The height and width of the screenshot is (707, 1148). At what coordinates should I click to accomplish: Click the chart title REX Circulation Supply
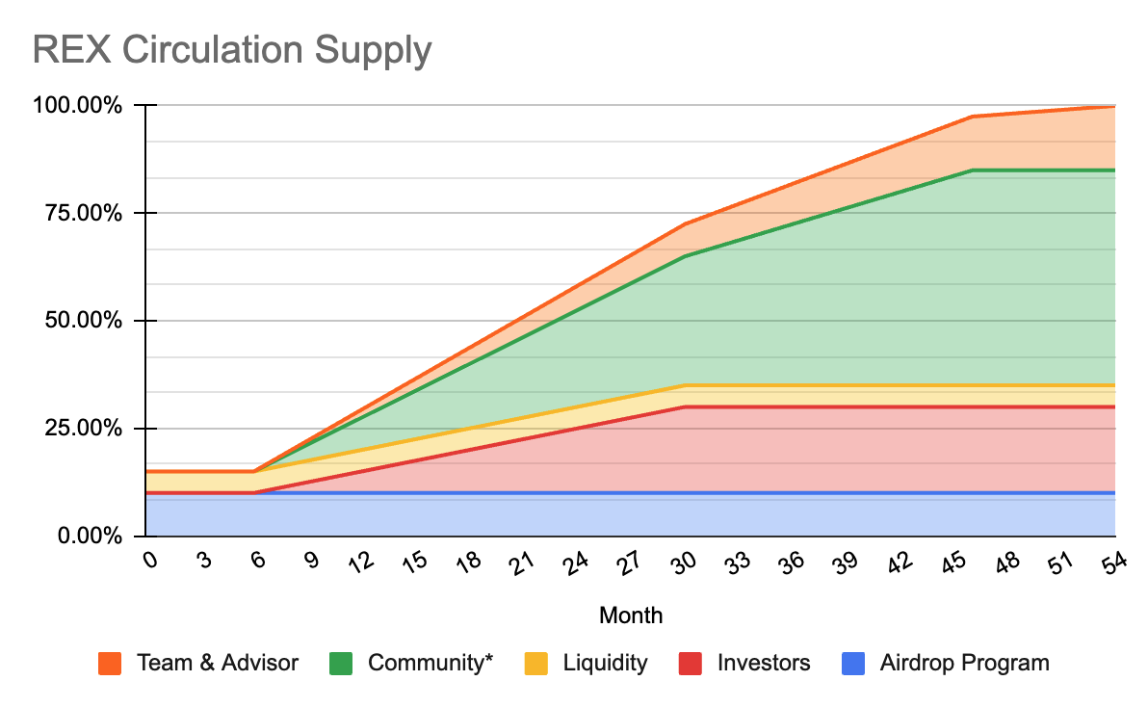[231, 49]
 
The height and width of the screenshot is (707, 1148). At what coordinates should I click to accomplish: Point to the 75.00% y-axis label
[87, 213]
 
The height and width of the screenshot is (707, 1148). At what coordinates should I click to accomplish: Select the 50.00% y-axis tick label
[87, 321]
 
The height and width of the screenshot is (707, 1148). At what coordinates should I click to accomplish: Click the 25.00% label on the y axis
[87, 428]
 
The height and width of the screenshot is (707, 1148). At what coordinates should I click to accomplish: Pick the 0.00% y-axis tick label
[91, 536]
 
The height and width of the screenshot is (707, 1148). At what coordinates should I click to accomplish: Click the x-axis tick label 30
[683, 565]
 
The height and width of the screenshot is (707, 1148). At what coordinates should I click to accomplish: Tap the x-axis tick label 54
[1113, 565]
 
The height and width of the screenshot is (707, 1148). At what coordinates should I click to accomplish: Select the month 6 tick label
[256, 563]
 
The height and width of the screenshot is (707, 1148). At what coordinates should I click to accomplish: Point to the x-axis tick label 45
[952, 565]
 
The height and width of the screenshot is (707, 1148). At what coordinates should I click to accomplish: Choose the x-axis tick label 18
[467, 565]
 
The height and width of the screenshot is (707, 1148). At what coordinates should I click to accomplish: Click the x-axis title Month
[631, 615]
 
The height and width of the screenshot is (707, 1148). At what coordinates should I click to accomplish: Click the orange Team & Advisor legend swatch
[109, 664]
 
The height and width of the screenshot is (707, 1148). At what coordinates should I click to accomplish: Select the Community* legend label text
[430, 663]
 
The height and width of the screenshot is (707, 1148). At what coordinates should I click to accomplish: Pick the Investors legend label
[764, 663]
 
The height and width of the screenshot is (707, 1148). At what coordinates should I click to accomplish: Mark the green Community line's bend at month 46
[973, 170]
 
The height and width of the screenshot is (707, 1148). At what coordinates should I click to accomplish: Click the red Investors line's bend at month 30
[685, 406]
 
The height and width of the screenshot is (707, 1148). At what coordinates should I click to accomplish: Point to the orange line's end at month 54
[1114, 106]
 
